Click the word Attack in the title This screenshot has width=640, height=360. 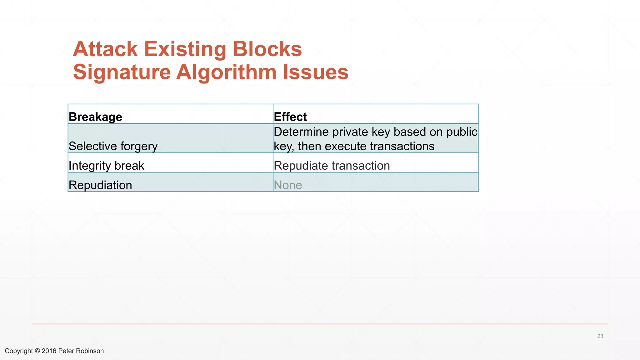click(x=105, y=49)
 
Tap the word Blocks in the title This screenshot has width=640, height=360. click(x=267, y=49)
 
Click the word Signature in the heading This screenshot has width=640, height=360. click(x=122, y=72)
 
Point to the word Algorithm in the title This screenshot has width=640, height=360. click(x=227, y=72)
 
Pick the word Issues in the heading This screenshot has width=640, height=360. click(x=316, y=72)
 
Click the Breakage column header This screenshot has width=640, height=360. click(x=95, y=117)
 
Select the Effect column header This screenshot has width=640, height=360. click(x=290, y=117)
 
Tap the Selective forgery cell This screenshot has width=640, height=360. click(x=113, y=146)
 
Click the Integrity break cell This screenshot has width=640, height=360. click(x=106, y=166)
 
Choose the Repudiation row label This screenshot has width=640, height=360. click(x=100, y=185)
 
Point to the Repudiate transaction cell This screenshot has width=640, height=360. click(x=332, y=166)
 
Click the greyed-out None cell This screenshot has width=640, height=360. click(x=288, y=185)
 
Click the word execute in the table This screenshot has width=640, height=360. click(x=344, y=146)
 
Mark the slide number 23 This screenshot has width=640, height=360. click(x=600, y=336)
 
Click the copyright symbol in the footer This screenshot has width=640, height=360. click(x=37, y=351)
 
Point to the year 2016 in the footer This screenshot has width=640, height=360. click(x=49, y=351)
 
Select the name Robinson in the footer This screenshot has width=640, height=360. click(x=90, y=351)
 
